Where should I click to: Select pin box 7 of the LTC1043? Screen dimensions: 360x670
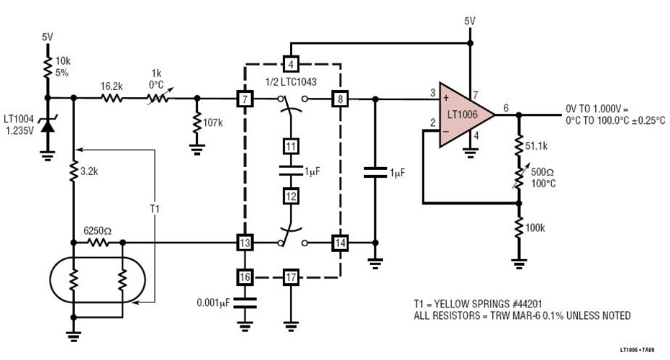245,98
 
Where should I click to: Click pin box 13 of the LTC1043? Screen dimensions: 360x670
245,243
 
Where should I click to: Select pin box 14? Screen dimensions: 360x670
338,243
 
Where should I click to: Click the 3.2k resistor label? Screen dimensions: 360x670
90,172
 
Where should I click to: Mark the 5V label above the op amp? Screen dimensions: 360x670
469,21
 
